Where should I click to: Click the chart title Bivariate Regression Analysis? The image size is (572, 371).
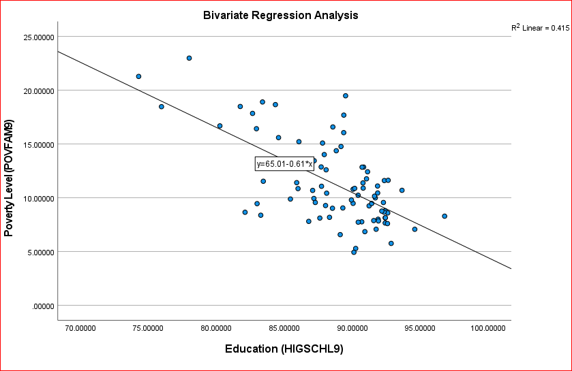280,15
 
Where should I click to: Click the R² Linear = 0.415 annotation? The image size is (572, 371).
540,28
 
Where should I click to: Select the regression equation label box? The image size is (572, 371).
284,164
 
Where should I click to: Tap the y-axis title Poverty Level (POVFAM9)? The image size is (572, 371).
10,179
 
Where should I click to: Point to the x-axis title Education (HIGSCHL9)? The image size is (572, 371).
284,349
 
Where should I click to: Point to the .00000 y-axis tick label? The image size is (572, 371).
42,306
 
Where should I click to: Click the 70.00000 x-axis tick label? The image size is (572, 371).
80,329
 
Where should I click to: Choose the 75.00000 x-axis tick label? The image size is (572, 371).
148,329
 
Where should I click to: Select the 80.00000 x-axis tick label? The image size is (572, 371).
216,329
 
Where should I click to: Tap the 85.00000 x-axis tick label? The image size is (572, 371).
284,329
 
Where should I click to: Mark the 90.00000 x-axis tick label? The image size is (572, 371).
352,329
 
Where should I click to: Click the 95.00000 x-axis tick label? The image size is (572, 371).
420,329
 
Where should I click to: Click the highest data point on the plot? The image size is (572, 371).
189,58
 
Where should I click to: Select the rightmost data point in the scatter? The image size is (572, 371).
445,216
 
